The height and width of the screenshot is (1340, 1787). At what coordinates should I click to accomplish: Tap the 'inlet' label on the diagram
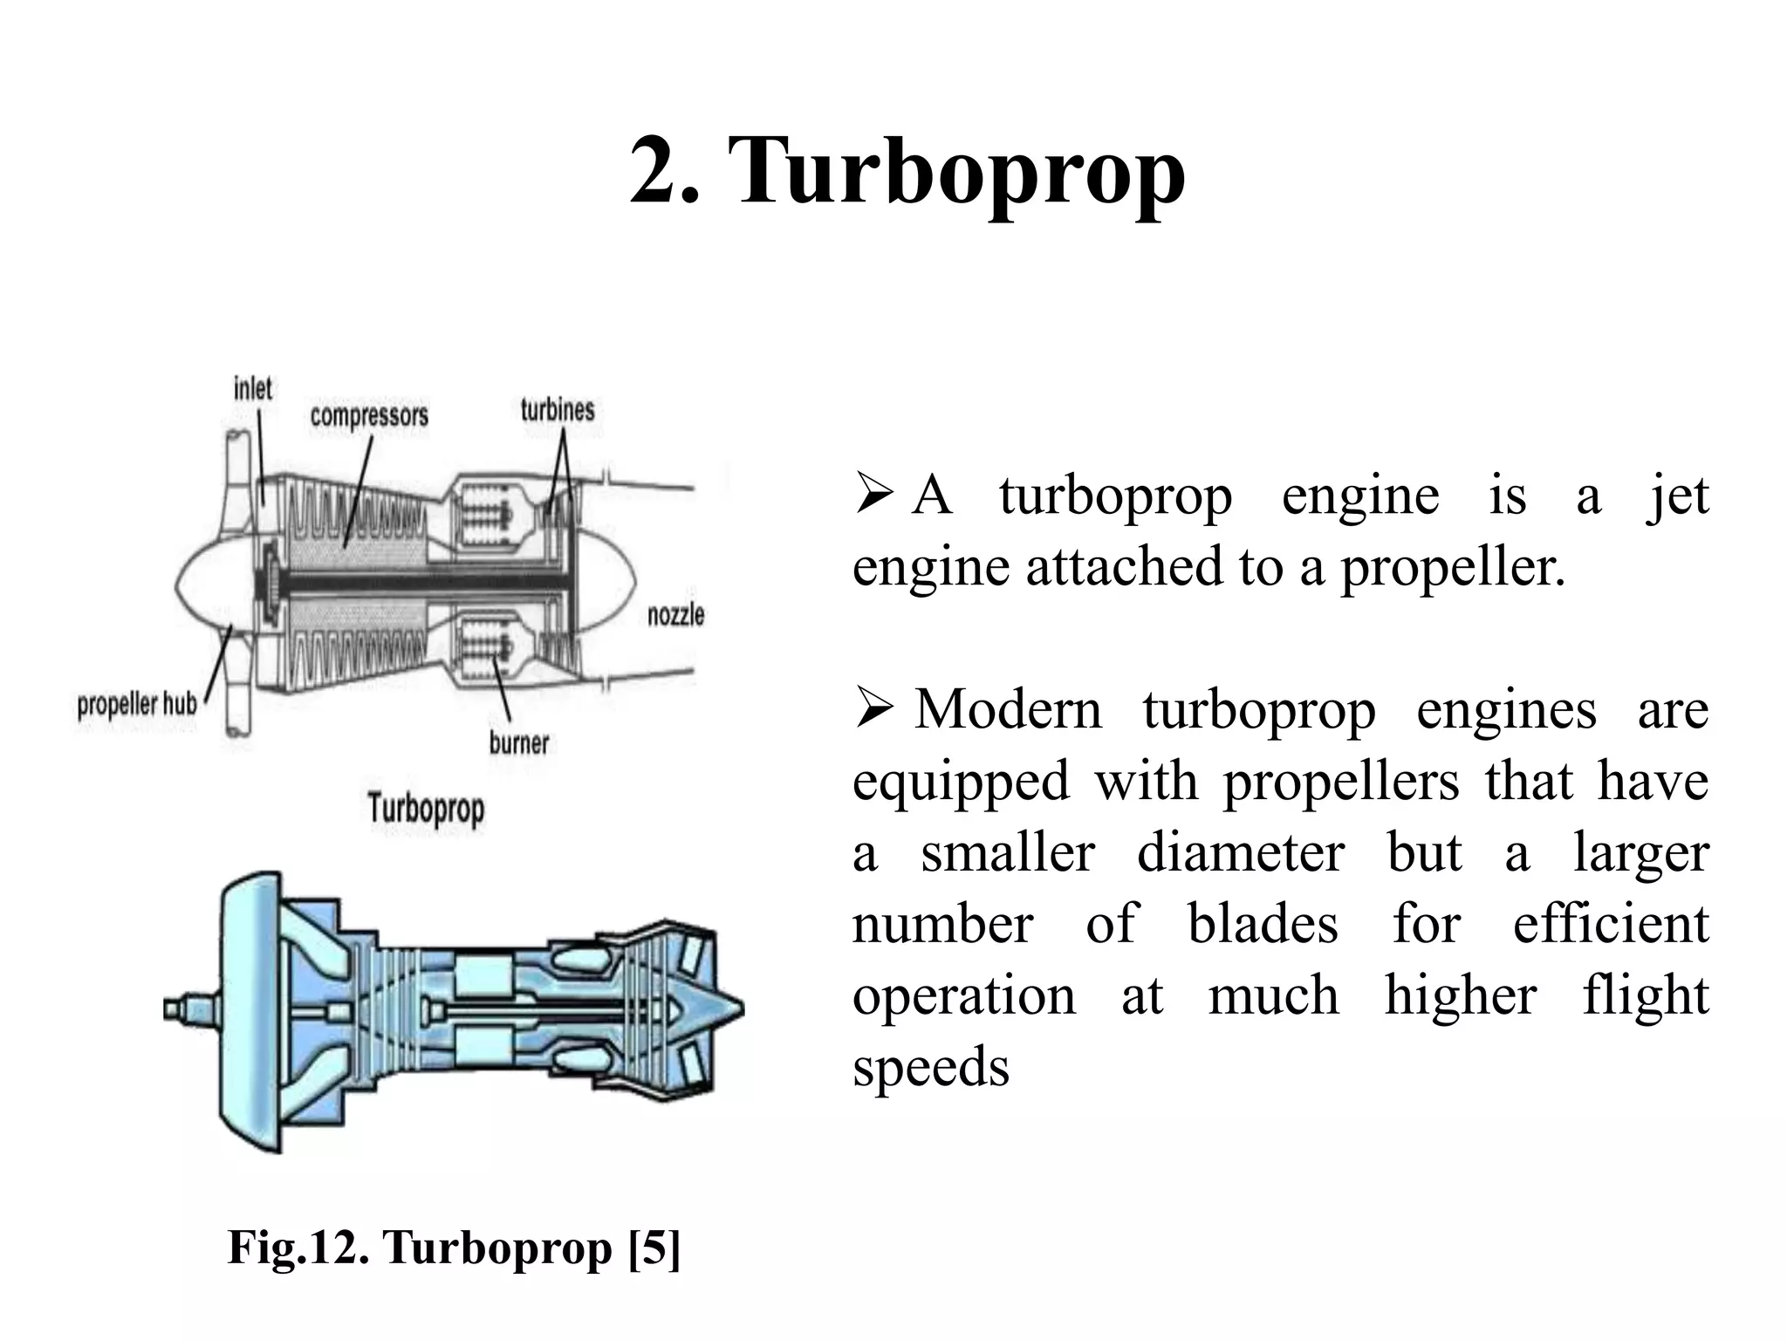(x=253, y=389)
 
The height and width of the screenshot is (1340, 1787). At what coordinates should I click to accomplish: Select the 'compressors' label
(x=369, y=415)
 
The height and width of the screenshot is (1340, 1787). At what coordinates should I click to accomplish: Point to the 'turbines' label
(x=558, y=410)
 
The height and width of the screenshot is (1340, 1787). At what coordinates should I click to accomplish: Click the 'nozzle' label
(x=675, y=615)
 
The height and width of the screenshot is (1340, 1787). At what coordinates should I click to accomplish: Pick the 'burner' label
(x=519, y=743)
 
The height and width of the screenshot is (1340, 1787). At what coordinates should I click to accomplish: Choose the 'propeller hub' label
(x=137, y=704)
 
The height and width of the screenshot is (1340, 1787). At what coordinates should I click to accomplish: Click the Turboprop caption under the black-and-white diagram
(x=426, y=808)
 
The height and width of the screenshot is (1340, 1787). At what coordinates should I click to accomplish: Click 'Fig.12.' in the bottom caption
(x=294, y=1247)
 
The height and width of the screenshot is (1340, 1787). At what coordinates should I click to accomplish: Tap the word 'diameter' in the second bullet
(x=1241, y=852)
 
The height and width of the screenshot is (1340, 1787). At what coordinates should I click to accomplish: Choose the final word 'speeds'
(x=930, y=1068)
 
